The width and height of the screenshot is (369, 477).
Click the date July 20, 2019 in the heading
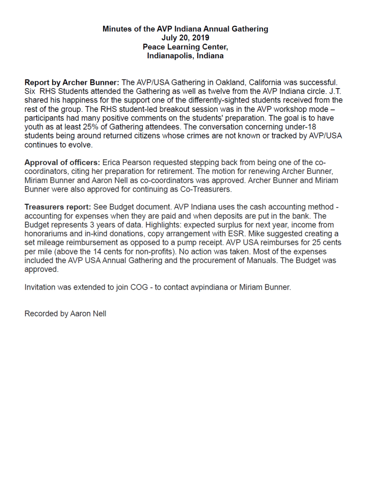pos(185,38)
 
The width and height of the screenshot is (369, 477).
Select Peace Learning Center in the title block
pos(185,47)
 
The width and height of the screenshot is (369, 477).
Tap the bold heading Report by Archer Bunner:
pos(72,82)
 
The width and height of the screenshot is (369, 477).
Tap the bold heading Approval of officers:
pos(62,163)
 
